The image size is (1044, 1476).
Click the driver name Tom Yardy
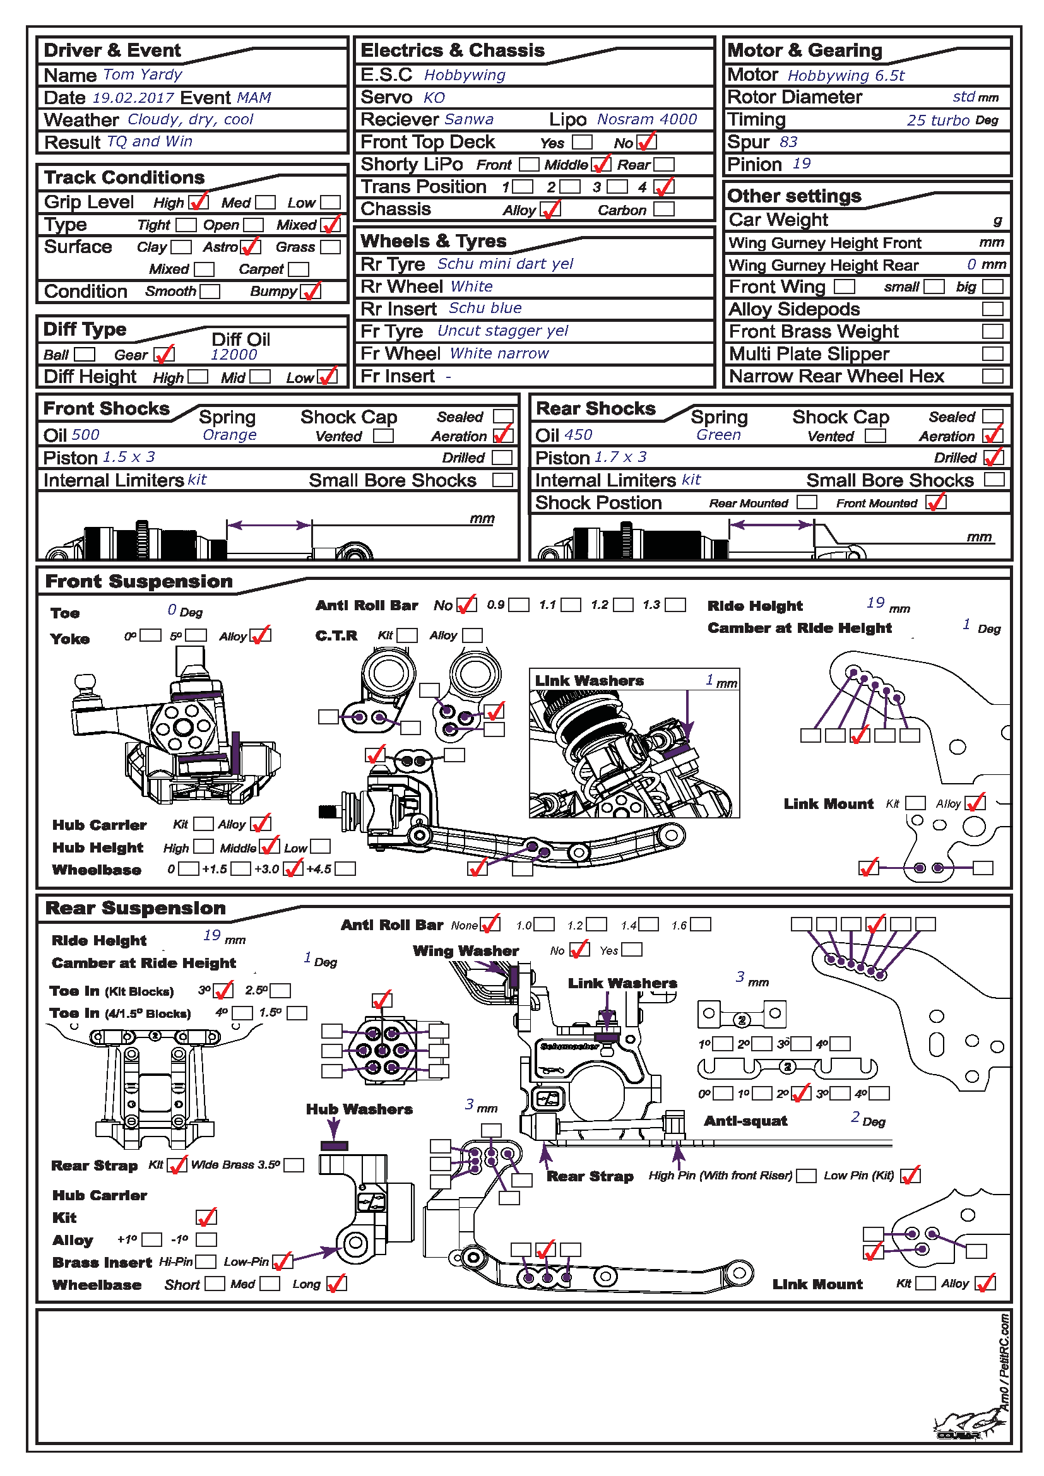pos(143,74)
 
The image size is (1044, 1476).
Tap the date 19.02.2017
pos(133,98)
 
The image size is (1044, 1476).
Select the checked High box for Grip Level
pos(198,203)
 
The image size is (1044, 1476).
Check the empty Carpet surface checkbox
pos(299,269)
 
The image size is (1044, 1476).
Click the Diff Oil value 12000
pos(234,354)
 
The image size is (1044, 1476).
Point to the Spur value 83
pos(788,142)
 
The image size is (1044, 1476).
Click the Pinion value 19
pos(801,164)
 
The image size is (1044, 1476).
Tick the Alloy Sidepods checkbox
pos(992,309)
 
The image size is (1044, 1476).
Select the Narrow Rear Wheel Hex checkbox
pos(992,376)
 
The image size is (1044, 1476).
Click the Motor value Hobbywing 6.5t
pos(845,75)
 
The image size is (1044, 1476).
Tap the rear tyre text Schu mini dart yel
pos(506,264)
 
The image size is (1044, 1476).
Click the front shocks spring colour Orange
pos(230,435)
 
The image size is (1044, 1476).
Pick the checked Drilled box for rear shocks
pos(994,458)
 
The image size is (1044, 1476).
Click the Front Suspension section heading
pos(139,581)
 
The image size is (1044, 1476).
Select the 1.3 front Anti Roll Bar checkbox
pos(674,605)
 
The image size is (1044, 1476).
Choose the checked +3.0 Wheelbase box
pos(293,869)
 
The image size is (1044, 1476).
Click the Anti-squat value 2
pos(855,1118)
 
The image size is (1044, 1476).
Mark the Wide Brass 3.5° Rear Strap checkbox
pos(294,1165)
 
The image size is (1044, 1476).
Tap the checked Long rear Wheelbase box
pos(336,1284)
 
